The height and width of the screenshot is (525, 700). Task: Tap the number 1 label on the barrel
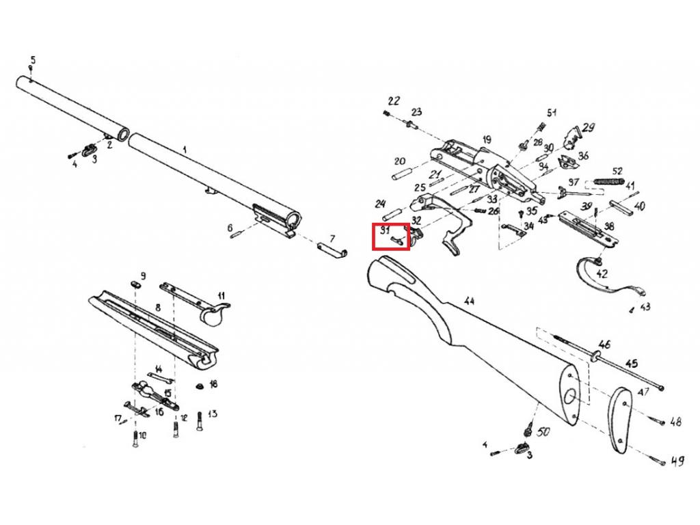point(184,148)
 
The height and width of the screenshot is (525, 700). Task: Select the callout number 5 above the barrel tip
point(31,60)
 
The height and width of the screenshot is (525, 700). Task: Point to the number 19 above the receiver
point(486,139)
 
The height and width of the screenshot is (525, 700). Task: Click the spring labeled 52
point(608,180)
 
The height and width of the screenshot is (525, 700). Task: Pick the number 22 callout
point(393,101)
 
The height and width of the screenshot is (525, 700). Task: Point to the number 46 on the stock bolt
point(604,343)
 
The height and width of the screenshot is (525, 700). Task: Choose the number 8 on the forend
point(157,308)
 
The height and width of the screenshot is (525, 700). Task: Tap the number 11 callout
point(221,295)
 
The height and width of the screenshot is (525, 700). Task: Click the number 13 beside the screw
point(212,414)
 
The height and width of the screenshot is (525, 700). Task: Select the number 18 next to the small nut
point(213,385)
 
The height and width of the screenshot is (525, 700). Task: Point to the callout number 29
point(588,127)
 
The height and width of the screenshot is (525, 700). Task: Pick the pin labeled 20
point(396,174)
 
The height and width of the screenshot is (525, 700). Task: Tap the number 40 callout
point(639,205)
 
